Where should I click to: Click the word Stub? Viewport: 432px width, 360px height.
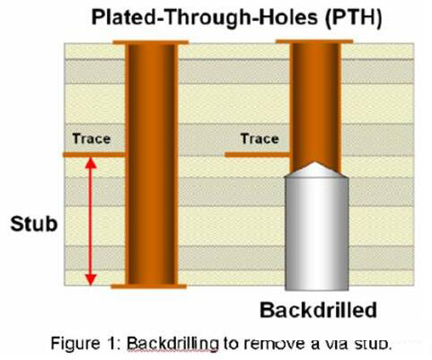point(34,224)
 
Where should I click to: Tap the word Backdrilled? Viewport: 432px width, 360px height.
point(318,310)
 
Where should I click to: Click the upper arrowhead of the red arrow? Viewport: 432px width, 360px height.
point(91,163)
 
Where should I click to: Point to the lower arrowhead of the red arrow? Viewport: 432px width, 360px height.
point(91,280)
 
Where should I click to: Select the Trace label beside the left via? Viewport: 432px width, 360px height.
point(92,139)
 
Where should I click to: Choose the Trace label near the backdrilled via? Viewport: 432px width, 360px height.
point(260,139)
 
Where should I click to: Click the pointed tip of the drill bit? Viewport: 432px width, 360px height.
point(315,162)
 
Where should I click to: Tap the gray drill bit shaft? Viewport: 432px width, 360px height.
point(317,233)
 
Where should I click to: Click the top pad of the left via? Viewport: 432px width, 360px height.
point(151,42)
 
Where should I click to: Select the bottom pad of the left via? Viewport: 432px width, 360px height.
point(149,286)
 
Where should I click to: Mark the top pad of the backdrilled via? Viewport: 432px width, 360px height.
point(314,41)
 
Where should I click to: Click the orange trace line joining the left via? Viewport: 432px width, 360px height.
point(94,154)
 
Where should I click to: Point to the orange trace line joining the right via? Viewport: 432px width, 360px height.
point(258,154)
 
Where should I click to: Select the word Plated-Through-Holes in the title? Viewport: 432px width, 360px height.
point(205,17)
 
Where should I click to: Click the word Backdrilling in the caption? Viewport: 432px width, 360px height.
point(173,344)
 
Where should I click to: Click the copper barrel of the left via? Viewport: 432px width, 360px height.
point(152,164)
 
